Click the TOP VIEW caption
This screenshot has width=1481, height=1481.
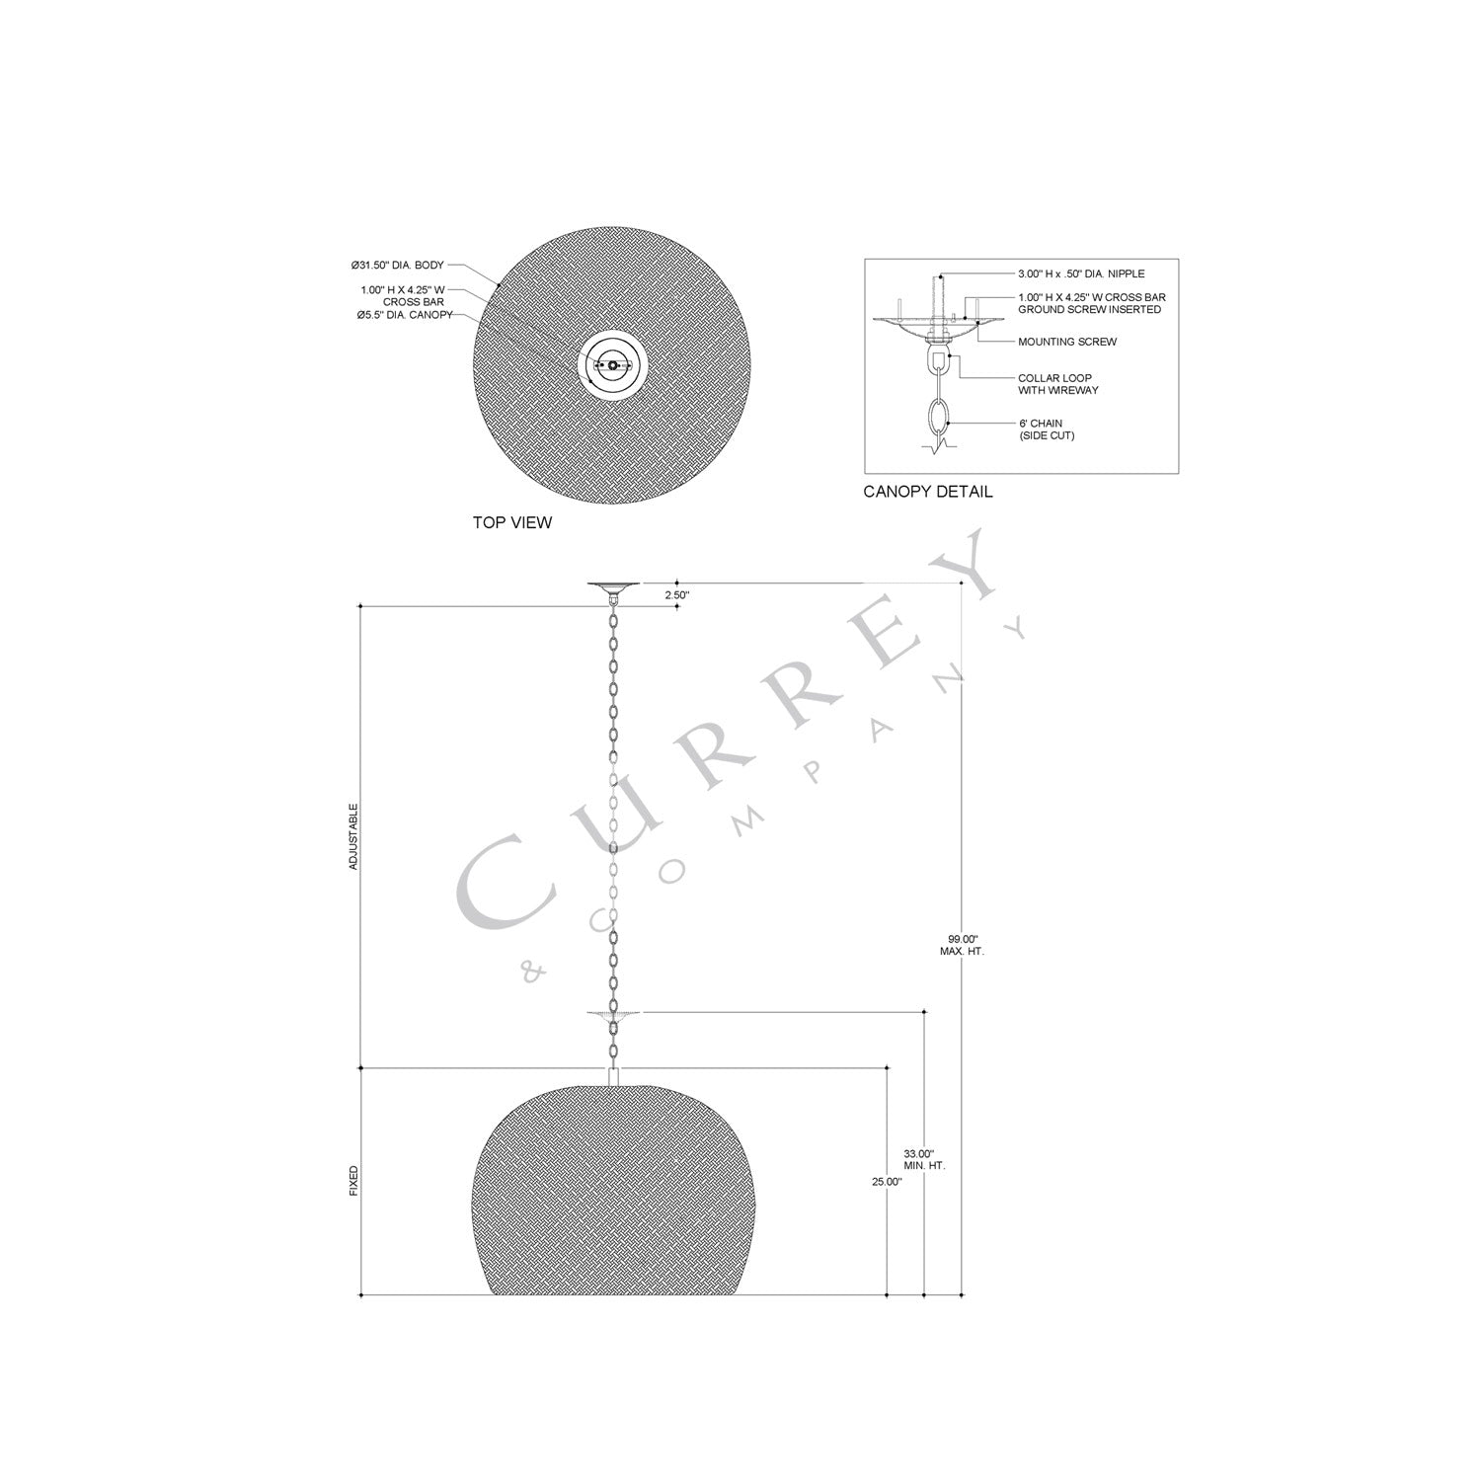click(512, 522)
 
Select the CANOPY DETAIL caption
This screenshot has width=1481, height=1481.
click(927, 492)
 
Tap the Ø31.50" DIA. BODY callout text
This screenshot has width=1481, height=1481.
click(398, 266)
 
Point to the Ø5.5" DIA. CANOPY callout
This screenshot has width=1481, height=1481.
click(405, 315)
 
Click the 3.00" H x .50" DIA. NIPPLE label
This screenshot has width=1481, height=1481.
click(1081, 273)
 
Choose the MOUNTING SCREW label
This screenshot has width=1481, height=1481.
click(1067, 342)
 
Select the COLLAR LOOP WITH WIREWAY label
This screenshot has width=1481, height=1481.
click(1057, 384)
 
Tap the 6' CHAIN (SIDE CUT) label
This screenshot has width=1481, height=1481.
click(1047, 429)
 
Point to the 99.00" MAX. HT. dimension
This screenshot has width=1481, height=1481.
click(962, 945)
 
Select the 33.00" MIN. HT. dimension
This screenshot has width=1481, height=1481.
click(924, 1159)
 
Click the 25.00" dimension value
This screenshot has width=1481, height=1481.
click(888, 1181)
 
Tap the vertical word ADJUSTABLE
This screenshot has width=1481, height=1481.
click(353, 836)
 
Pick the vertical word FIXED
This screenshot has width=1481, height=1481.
click(353, 1181)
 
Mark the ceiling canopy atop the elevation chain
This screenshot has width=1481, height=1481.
click(613, 588)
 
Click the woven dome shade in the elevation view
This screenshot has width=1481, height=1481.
click(613, 1195)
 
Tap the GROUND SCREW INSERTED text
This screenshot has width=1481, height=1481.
click(1089, 309)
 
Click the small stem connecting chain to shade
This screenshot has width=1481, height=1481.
click(613, 1076)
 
